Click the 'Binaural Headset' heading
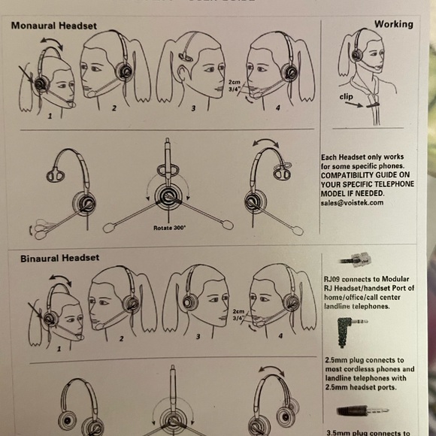coord(50,258)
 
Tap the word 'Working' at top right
coord(393,24)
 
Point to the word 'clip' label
coord(348,97)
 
